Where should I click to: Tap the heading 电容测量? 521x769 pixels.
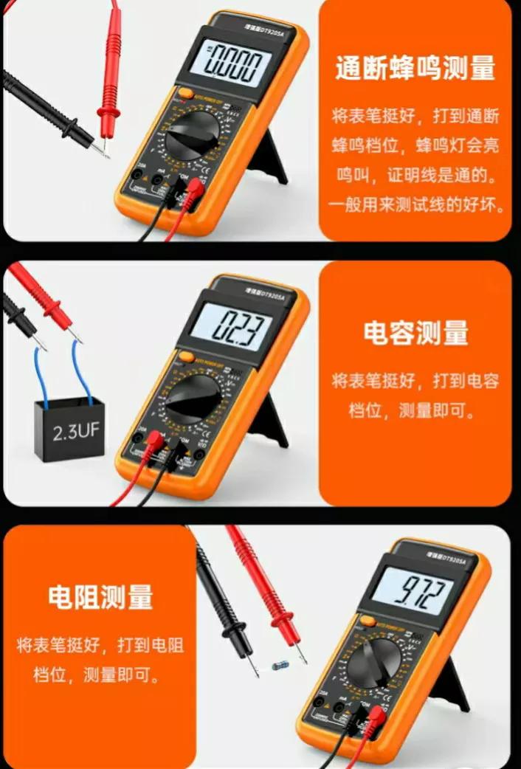tap(415, 333)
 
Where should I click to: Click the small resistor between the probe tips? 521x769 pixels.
tap(277, 665)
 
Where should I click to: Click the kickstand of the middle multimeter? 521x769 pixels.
tap(276, 421)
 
